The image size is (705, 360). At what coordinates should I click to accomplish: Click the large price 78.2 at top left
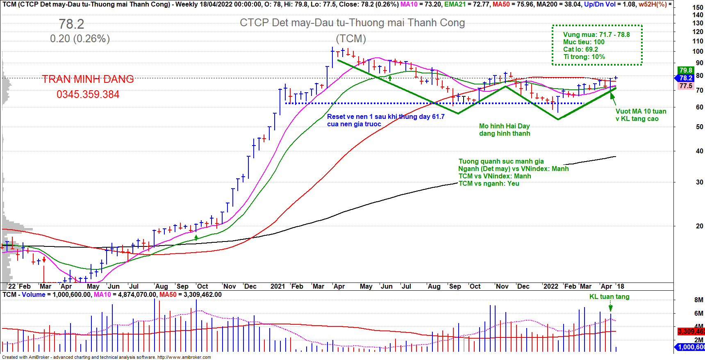(x=71, y=24)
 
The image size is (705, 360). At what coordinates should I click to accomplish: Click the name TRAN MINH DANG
(x=88, y=79)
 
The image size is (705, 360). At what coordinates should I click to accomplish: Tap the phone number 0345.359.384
(x=88, y=95)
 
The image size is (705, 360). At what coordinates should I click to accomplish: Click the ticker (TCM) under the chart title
(x=351, y=39)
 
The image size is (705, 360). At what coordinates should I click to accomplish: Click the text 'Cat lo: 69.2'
(x=580, y=49)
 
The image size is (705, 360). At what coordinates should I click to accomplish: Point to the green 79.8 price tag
(x=685, y=71)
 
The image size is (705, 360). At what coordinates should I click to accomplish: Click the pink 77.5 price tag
(x=685, y=86)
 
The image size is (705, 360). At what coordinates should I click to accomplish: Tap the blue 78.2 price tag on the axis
(x=685, y=78)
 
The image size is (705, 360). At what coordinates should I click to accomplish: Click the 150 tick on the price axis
(x=698, y=7)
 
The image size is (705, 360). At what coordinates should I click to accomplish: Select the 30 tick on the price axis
(x=699, y=182)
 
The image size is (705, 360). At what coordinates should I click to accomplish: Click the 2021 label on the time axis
(x=277, y=286)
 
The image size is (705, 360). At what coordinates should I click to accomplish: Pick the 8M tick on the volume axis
(x=698, y=300)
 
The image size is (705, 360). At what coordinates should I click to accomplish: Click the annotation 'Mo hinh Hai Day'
(x=504, y=126)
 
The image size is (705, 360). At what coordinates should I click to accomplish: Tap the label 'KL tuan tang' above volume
(x=609, y=296)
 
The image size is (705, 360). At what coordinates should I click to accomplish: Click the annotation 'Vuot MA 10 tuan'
(x=641, y=112)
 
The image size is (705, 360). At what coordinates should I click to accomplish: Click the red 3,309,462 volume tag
(x=691, y=331)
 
